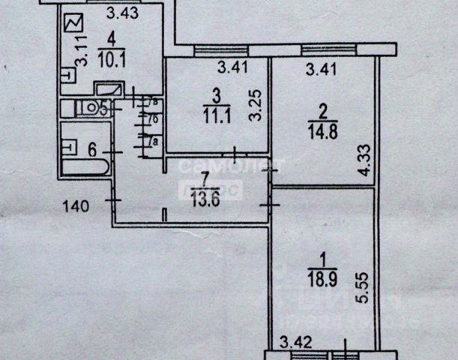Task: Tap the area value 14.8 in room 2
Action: pos(320,129)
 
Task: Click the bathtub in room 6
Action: pos(84,164)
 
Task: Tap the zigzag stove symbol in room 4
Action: pos(74,25)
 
